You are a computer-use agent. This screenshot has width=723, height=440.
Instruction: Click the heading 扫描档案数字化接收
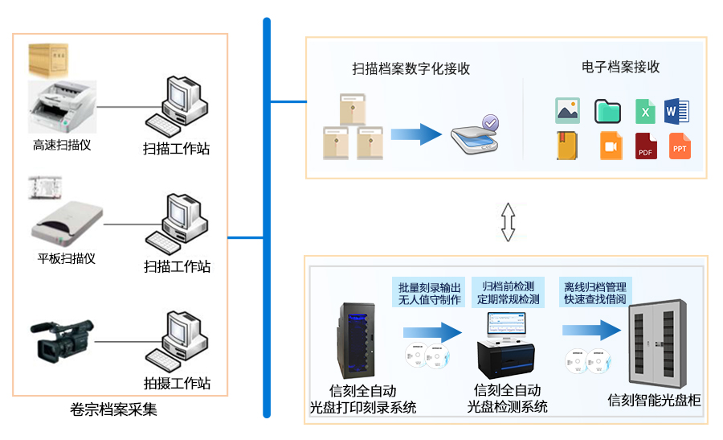click(x=411, y=68)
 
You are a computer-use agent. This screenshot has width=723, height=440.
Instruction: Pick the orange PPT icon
click(x=680, y=146)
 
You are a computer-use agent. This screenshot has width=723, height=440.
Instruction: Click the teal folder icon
click(x=607, y=111)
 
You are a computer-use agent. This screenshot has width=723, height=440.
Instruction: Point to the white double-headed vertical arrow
click(x=508, y=221)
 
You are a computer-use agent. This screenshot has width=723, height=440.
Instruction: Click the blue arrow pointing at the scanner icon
click(x=417, y=134)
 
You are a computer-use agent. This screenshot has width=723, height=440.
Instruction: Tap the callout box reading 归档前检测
click(x=509, y=293)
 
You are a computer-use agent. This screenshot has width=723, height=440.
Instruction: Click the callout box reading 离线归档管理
click(x=594, y=293)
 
